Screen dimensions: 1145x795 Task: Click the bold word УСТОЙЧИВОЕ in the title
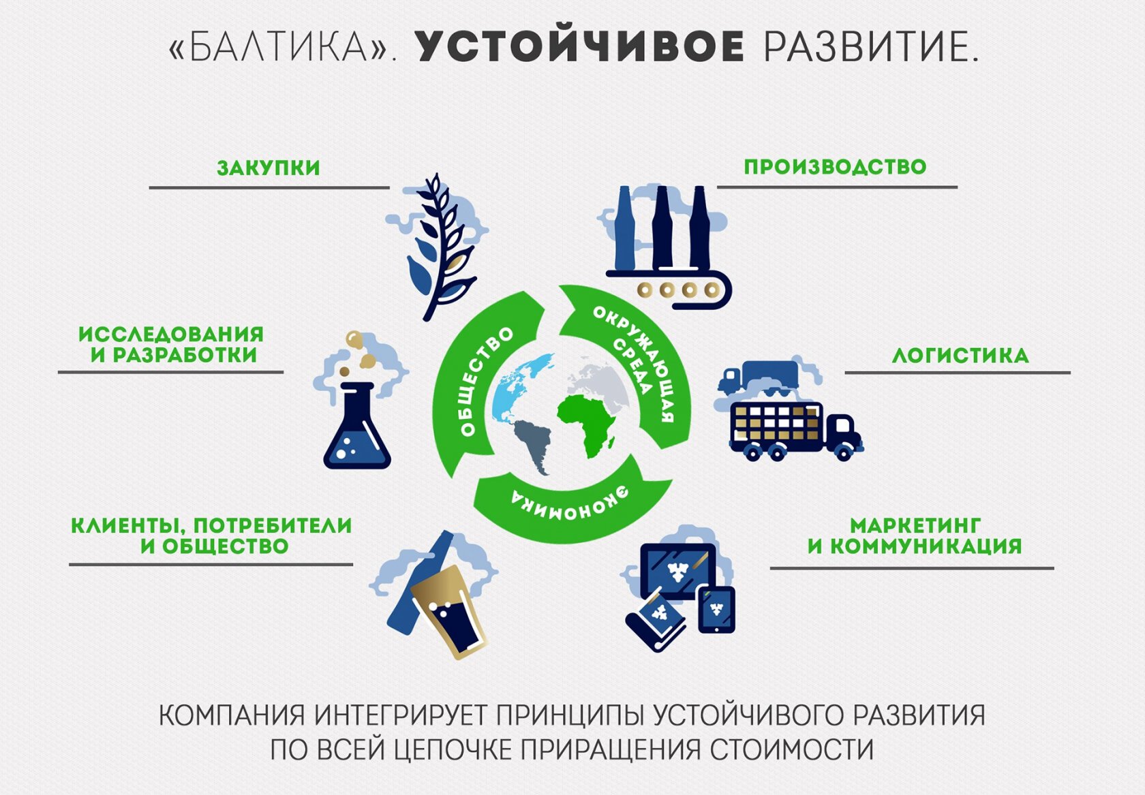click(x=579, y=47)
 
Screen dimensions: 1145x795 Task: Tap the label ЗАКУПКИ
click(x=269, y=168)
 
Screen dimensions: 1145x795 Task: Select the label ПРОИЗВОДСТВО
click(x=835, y=167)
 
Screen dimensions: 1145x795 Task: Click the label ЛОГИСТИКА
click(x=960, y=355)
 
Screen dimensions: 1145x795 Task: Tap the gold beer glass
click(x=448, y=611)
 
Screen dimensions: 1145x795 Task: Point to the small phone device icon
click(x=717, y=610)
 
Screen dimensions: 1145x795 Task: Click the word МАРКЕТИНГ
click(x=915, y=525)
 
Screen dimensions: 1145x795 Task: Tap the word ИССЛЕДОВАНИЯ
click(x=171, y=334)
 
